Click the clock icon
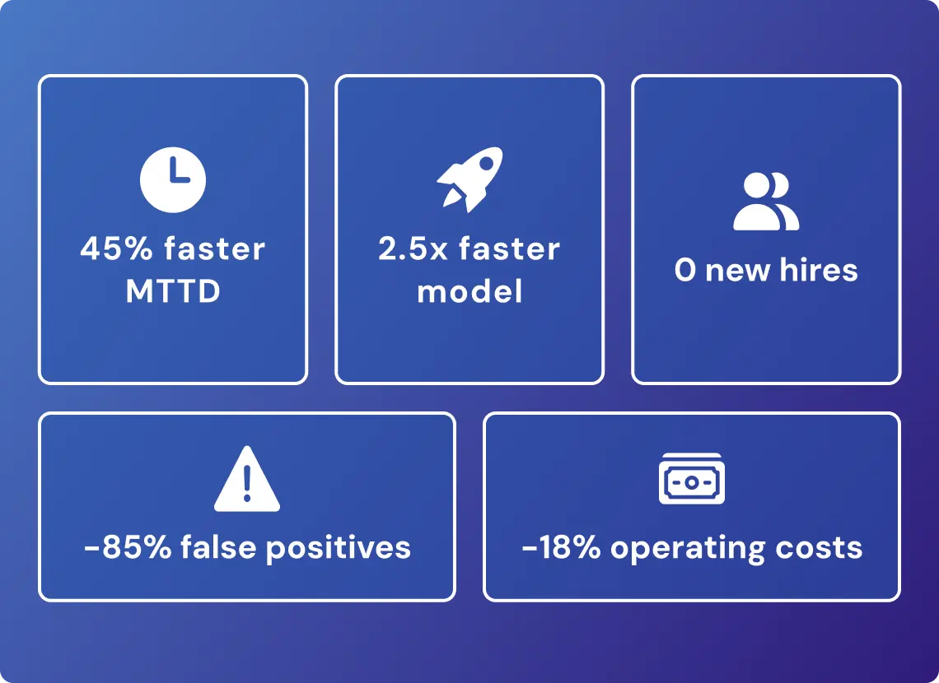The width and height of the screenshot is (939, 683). [x=172, y=179]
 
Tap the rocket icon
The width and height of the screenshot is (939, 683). [x=470, y=179]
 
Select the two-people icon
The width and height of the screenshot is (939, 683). [x=766, y=202]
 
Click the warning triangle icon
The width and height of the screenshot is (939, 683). [x=247, y=478]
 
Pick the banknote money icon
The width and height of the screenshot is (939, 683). [x=692, y=478]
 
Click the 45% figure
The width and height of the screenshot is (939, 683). [x=117, y=249]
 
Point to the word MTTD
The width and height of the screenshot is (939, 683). [x=173, y=291]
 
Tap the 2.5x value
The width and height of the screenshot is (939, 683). [x=413, y=249]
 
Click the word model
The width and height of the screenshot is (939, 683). [x=469, y=291]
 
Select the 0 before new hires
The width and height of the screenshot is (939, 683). [x=685, y=270]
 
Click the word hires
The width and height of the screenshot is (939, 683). [x=819, y=270]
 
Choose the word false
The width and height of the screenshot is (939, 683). [x=218, y=546]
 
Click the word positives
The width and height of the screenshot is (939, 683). [x=339, y=548]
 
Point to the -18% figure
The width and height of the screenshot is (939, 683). [x=561, y=547]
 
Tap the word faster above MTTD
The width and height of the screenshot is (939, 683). [x=214, y=249]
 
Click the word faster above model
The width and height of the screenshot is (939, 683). [x=510, y=249]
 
